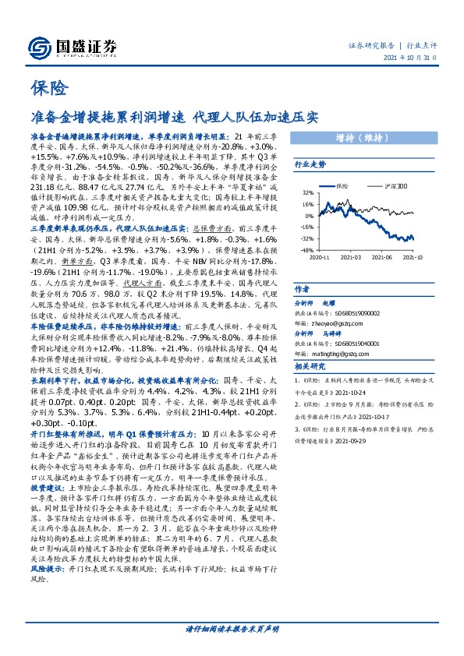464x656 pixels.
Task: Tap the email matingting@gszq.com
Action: click(342, 354)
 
